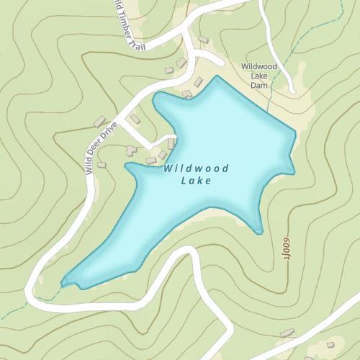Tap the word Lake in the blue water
coord(197,181)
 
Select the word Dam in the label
coord(258,84)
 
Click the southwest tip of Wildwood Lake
coord(63,283)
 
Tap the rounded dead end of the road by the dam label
coord(292,90)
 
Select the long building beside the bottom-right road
coord(287,333)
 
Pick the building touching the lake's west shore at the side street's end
coord(172,143)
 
